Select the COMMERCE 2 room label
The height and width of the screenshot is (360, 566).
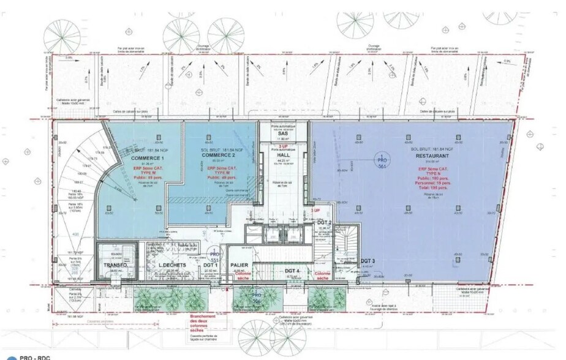(x=219, y=156)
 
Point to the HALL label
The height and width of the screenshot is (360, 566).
(x=284, y=156)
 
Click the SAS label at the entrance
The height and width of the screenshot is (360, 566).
(x=283, y=133)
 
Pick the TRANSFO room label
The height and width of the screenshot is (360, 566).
(x=115, y=265)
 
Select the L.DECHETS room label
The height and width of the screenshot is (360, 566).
(x=164, y=265)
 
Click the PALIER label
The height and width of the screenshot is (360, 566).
(x=239, y=265)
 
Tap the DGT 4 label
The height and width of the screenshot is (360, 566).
(x=292, y=270)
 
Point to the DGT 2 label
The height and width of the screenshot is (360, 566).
(x=324, y=222)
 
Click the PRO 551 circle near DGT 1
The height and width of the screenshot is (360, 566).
(x=214, y=256)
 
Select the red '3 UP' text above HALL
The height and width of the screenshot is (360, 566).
(x=283, y=147)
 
